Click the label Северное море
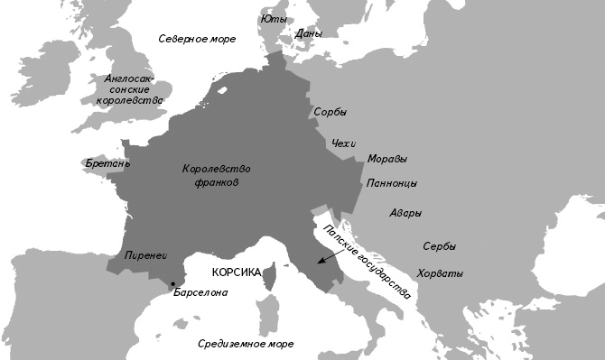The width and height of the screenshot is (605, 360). pyautogui.click(x=197, y=39)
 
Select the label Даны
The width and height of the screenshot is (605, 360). pyautogui.click(x=308, y=34)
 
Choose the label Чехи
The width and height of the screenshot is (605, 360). pyautogui.click(x=345, y=143)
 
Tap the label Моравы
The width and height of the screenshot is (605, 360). pyautogui.click(x=386, y=160)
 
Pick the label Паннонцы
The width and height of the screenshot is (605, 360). pyautogui.click(x=391, y=183)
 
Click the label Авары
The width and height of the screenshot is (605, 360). pyautogui.click(x=405, y=214)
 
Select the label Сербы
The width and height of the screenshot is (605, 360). pyautogui.click(x=439, y=246)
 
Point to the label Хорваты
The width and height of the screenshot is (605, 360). pyautogui.click(x=440, y=273)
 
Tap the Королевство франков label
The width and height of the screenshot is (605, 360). pyautogui.click(x=216, y=175)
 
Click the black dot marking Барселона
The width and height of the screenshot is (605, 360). pyautogui.click(x=172, y=284)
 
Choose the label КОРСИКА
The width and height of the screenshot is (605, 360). pyautogui.click(x=236, y=272)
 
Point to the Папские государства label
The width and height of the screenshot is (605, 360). pyautogui.click(x=367, y=261)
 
